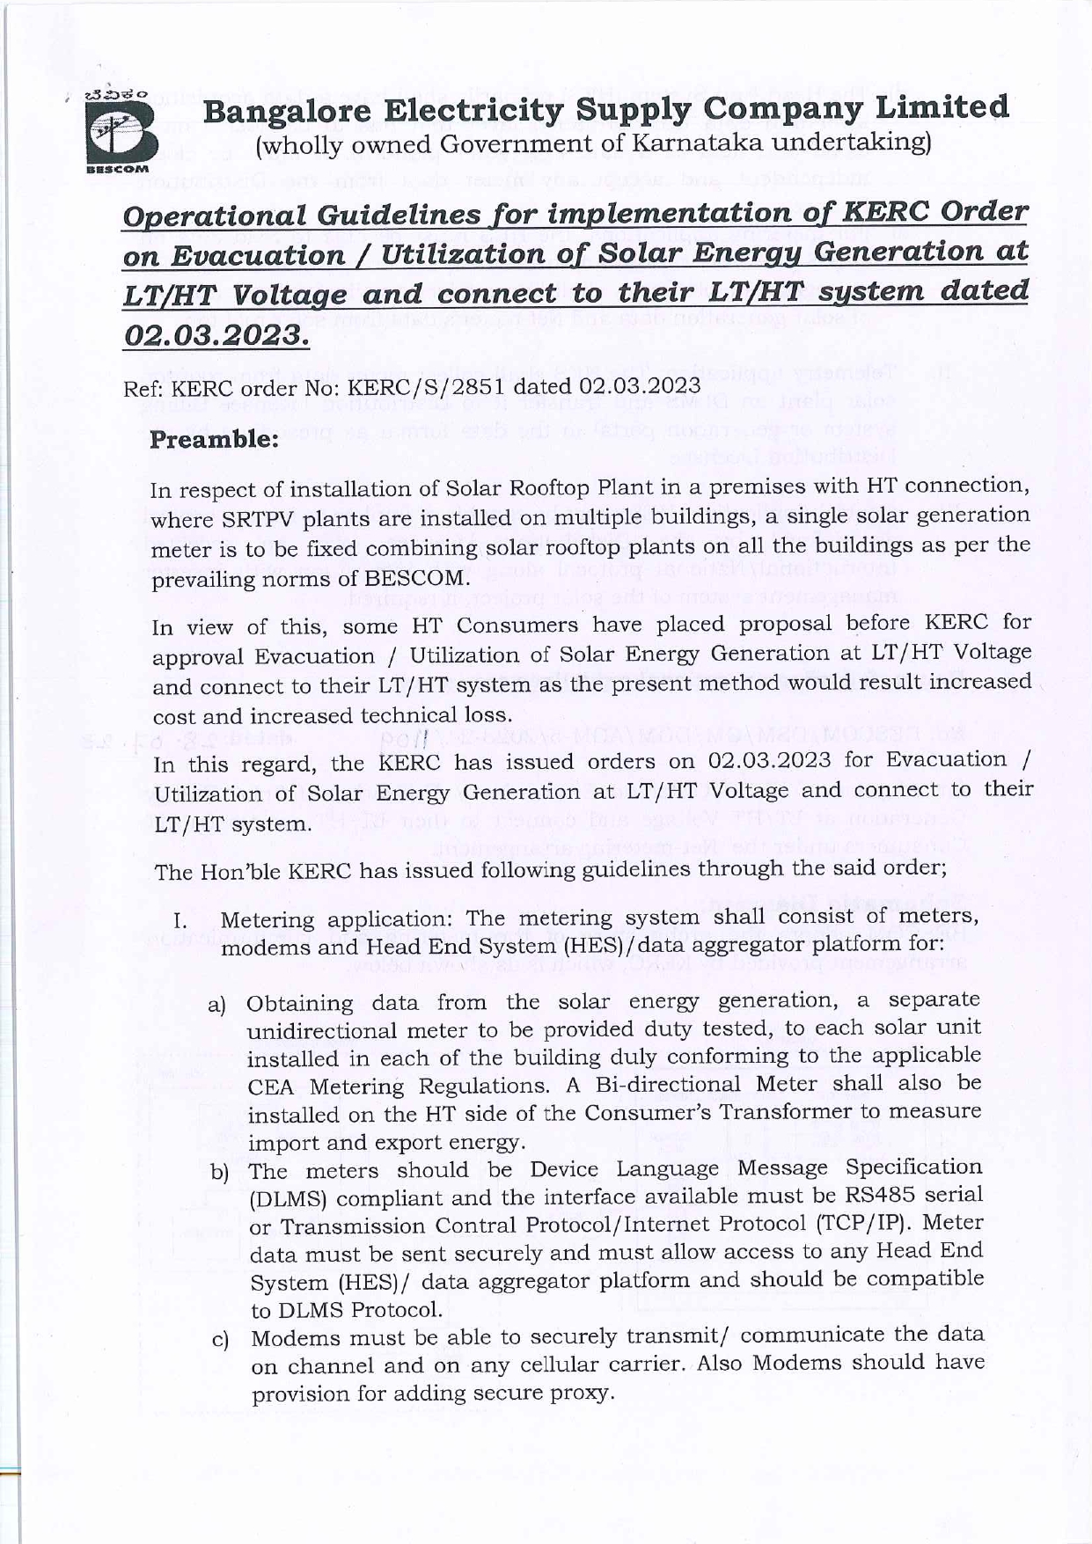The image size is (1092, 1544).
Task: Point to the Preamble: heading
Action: (215, 439)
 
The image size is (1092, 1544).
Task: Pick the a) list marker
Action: (216, 1006)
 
